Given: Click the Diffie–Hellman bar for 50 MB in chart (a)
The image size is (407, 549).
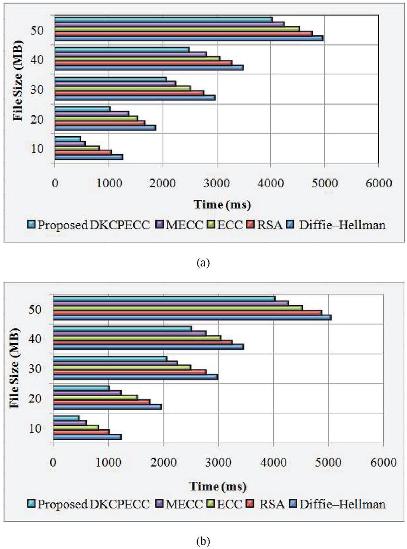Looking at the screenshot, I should coord(188,38).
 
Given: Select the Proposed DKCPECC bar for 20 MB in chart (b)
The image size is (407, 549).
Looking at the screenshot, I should coord(81,388).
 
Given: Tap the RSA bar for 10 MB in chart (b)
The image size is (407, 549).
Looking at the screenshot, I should coord(81,432).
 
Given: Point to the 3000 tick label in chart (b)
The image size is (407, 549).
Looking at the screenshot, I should coord(218,463).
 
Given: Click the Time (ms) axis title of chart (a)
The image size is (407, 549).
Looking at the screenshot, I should coord(222,205).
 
